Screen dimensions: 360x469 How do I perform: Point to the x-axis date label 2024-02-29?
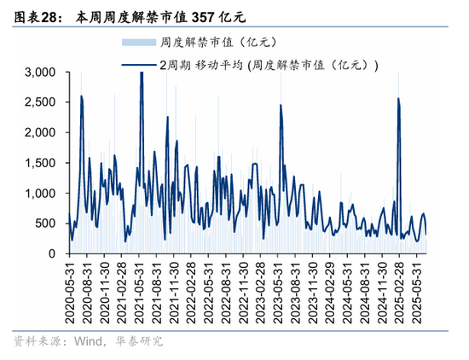click(x=333, y=288)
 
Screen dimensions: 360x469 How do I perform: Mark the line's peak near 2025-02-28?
click(x=399, y=99)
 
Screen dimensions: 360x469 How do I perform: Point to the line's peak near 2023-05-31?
click(x=281, y=106)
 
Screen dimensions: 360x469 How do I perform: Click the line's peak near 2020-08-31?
click(x=81, y=96)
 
